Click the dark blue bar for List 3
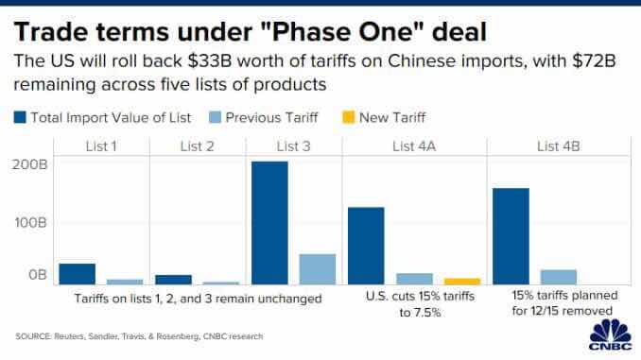[x=269, y=223]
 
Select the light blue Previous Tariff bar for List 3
[x=318, y=269]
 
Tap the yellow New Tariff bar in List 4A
[x=462, y=282]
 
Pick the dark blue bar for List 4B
[x=511, y=236]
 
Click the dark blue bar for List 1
[x=78, y=274]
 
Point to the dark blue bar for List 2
[x=173, y=280]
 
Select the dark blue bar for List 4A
[x=366, y=246]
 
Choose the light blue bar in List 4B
[x=559, y=277]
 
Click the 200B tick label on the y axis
[x=29, y=164]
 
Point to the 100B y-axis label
[x=30, y=223]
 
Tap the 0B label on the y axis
[x=38, y=275]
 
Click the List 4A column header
[x=414, y=146]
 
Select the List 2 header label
[x=197, y=146]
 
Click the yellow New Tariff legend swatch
[x=348, y=117]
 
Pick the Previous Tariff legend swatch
[x=215, y=117]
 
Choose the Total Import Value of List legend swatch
[x=20, y=117]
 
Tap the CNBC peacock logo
[x=611, y=334]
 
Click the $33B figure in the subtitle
[x=210, y=61]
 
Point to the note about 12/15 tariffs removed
[x=564, y=302]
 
